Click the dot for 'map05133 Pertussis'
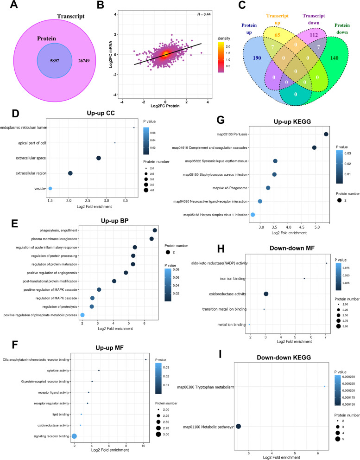point(326,134)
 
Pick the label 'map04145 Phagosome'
point(234,188)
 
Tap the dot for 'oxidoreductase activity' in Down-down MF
point(266,294)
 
